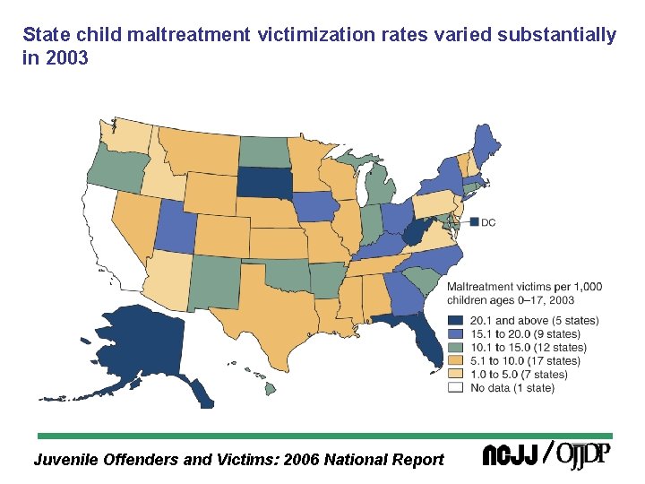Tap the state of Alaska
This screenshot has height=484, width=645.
point(143,345)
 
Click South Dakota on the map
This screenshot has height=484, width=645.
point(262,184)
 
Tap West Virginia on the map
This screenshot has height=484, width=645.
point(415,235)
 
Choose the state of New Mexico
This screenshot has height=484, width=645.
point(215,280)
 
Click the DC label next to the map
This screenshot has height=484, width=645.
point(488,222)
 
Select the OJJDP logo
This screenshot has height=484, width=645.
point(583,454)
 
